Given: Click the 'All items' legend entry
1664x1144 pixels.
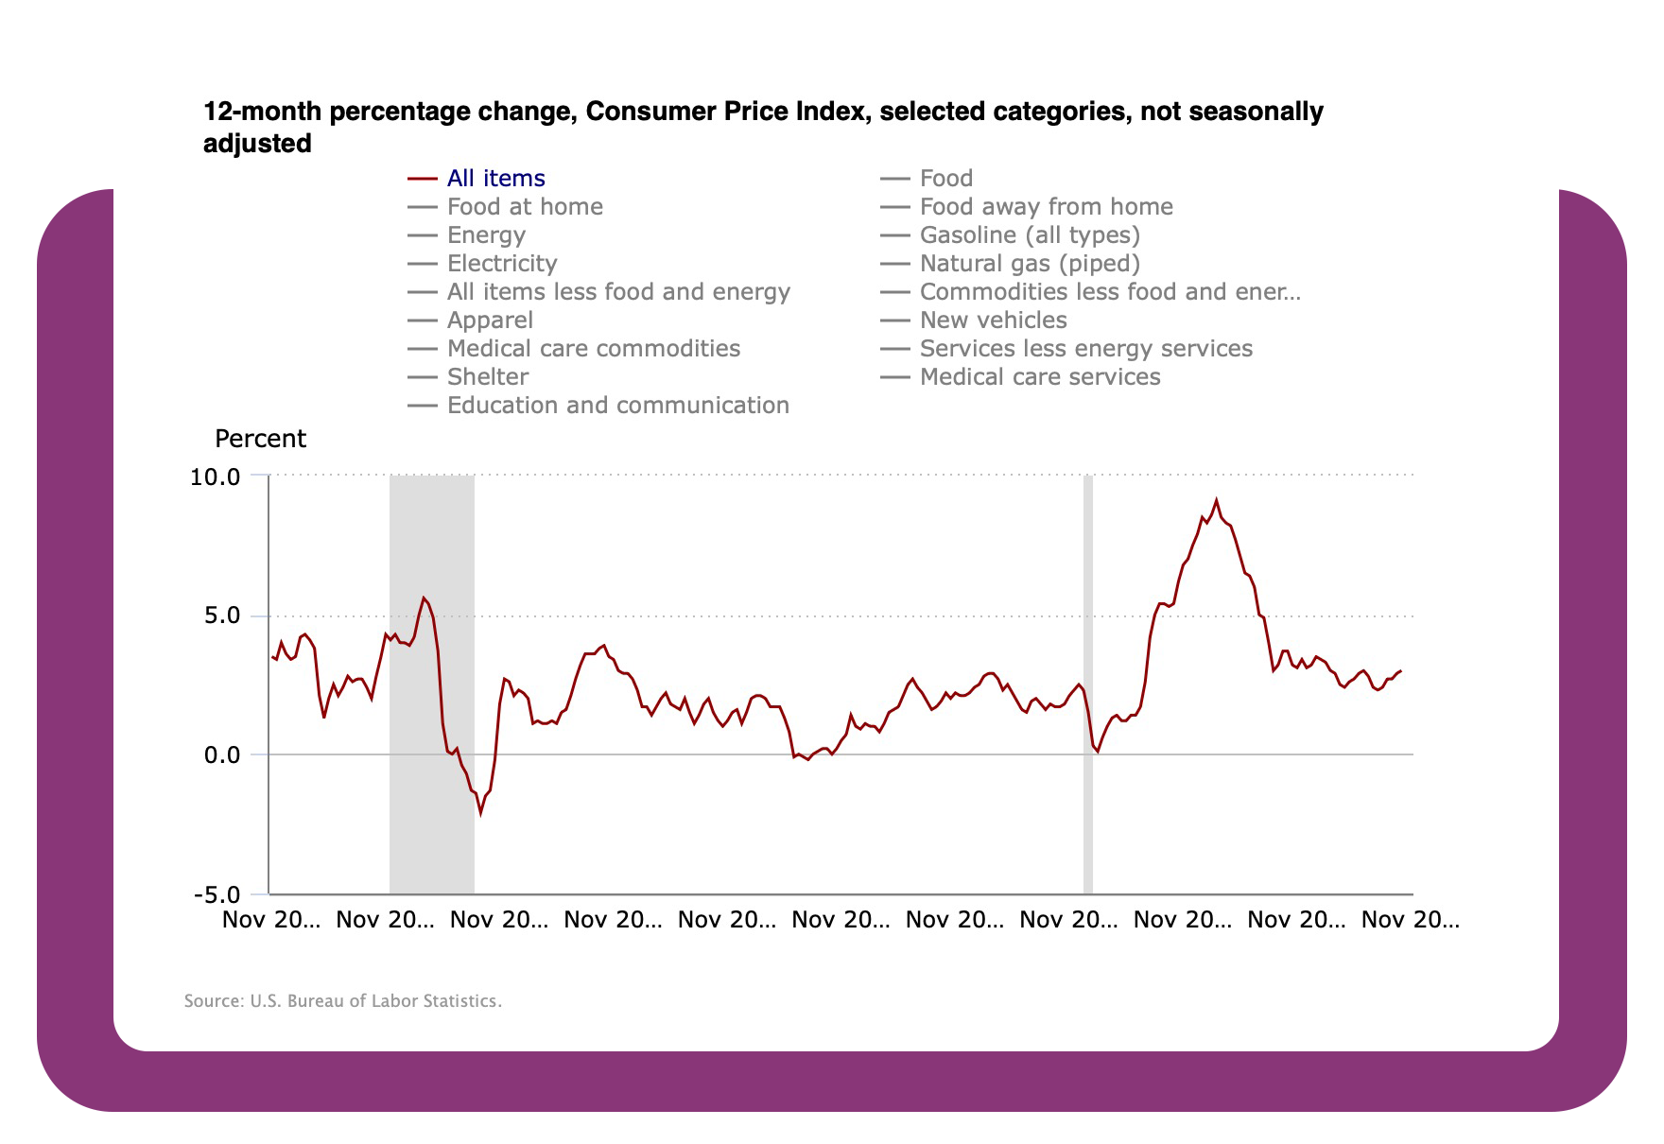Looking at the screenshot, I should coord(495,179).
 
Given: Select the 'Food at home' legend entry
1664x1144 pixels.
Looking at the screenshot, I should coord(524,207).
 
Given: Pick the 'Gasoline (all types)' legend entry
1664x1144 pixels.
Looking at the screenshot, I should coord(1029,235).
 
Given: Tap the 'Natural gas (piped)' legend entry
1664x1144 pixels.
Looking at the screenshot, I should coord(1029,264).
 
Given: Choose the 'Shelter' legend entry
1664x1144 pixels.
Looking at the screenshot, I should coord(487,377).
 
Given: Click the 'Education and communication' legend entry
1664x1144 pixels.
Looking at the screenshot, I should coord(617,406).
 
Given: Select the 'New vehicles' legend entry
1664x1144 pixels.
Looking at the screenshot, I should coord(993,321).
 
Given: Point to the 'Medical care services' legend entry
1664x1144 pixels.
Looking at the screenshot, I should coord(1039,377).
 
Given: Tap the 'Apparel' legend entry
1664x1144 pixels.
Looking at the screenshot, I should coord(490,321).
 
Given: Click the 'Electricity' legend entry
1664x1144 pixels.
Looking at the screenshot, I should coord(501,264).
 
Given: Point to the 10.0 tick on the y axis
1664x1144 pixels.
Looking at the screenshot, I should coord(216,477).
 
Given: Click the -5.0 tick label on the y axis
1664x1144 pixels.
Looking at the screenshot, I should coord(217,894).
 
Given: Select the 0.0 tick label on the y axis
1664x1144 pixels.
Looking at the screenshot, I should coord(221,755).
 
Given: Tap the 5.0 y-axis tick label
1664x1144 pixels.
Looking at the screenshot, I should coord(221,615).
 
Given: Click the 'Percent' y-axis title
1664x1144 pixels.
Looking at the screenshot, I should coord(260,439).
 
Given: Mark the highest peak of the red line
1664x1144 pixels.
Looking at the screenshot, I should coord(1216,500).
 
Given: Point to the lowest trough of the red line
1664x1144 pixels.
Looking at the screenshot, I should coord(480,812).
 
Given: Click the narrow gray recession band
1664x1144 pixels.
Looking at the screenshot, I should coord(1087,681).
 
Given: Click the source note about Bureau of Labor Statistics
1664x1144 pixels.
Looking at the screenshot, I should coord(342,1001).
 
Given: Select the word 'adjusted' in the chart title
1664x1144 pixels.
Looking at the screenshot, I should coord(257,144).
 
